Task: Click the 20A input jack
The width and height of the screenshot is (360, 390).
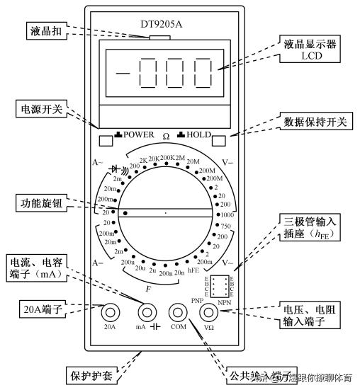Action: tap(110, 312)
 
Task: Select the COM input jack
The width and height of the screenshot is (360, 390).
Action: tap(178, 312)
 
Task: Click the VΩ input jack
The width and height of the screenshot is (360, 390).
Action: tap(208, 312)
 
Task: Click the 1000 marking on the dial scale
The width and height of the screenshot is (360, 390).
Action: tap(227, 214)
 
